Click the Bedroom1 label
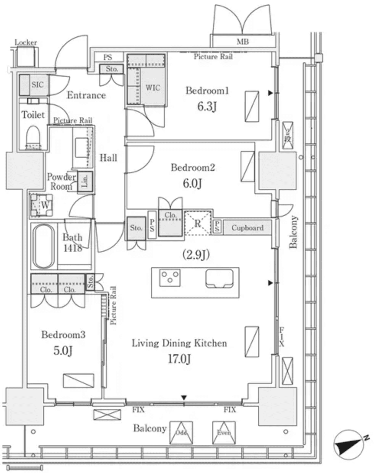point(207,91)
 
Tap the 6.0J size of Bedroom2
point(192,183)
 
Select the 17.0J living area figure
point(179,359)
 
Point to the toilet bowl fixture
point(33,136)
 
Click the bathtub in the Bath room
point(44,246)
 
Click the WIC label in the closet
point(153,87)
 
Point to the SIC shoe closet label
point(37,85)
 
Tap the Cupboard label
point(247,228)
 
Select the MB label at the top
point(242,42)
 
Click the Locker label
point(26,42)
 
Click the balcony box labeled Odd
point(181,433)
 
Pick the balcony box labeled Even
point(224,433)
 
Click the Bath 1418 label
point(72,243)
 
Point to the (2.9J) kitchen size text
point(196,254)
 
